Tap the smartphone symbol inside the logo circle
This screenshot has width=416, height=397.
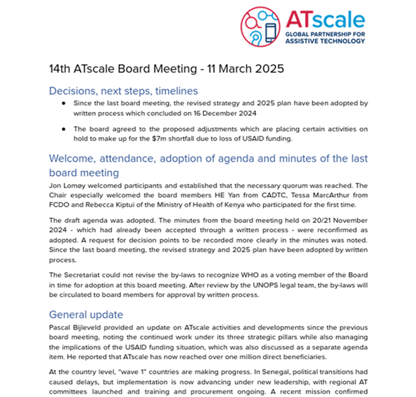(270, 33)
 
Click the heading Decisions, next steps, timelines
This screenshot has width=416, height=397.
(123, 91)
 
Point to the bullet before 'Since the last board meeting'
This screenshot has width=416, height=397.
(64, 103)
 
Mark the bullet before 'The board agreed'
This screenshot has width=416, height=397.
(64, 129)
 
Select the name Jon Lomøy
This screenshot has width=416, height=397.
(66, 186)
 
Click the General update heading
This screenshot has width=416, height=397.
(86, 314)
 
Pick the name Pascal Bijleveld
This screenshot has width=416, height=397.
(73, 328)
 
